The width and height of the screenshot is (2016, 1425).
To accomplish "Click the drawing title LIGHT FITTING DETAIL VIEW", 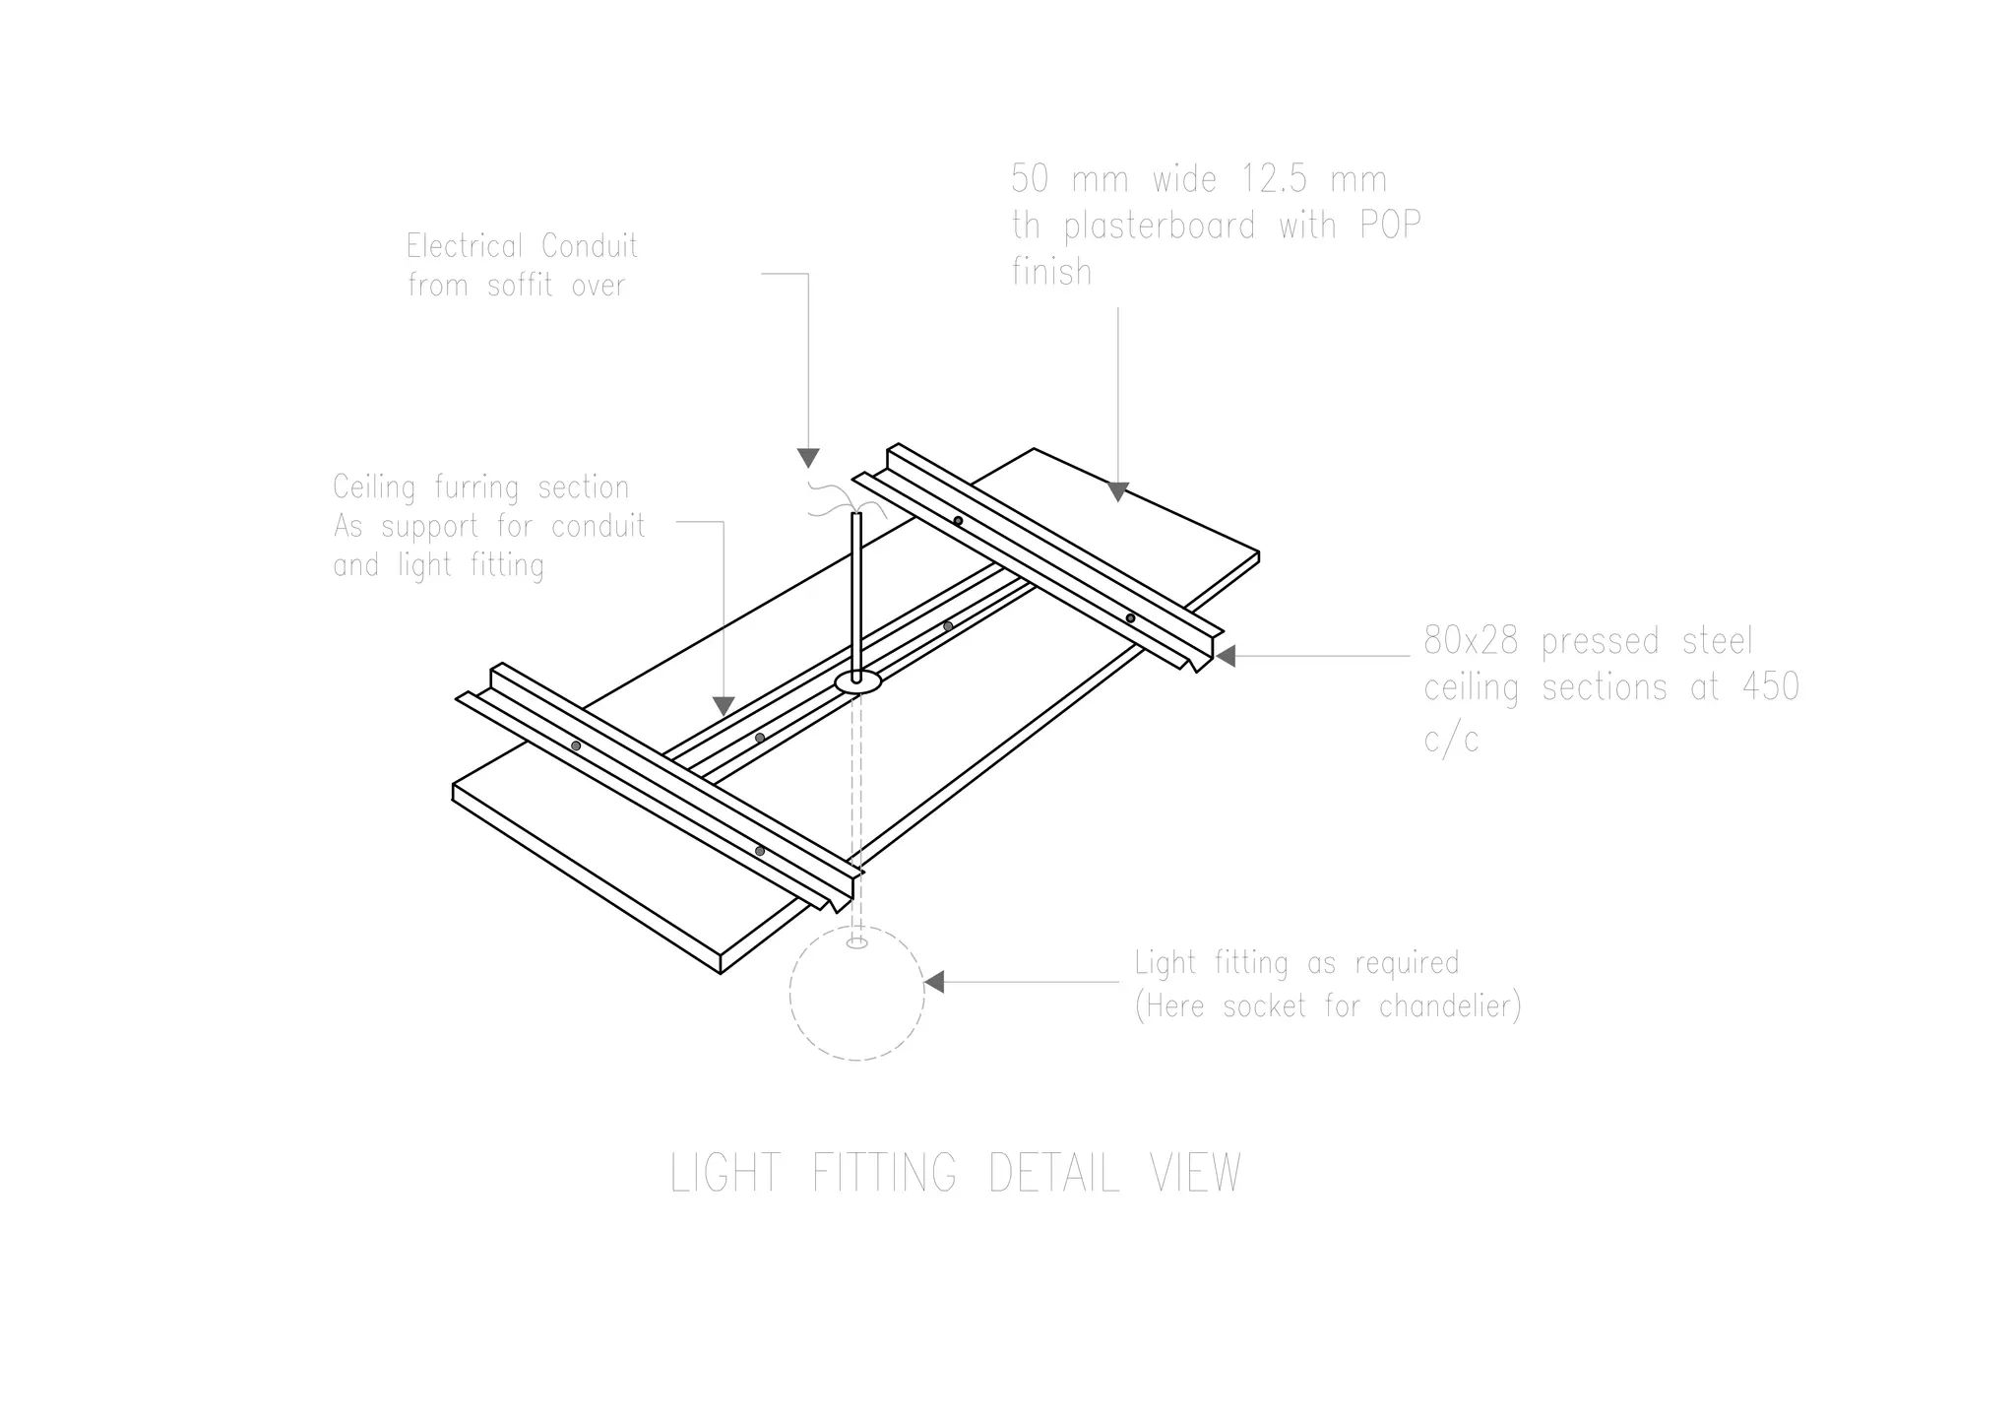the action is coord(955,1173).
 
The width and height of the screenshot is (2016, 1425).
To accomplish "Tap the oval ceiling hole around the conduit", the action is coord(857,681).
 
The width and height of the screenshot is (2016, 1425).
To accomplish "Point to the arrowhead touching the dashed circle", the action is coord(933,982).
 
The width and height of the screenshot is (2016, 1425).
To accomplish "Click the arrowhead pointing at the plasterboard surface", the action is coord(1117,490).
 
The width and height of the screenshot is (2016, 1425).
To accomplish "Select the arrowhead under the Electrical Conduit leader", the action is coord(808,458).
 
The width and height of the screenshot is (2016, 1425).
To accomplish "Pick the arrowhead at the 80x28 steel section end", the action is coord(1225,656).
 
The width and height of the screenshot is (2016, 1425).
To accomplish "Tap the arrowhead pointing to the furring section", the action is coord(724,705).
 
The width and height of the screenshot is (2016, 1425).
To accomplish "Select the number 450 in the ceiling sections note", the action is coord(1770,687).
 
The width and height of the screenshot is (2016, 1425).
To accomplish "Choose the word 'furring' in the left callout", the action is coord(480,487).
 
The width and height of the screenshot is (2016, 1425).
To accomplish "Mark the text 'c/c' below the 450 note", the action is coord(1451,739).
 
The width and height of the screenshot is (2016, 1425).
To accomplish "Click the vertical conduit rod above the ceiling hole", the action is coord(856,591).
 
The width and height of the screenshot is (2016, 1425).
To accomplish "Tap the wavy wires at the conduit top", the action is coord(830,500).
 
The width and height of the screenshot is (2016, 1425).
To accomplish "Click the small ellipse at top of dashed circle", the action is coord(856,943).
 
